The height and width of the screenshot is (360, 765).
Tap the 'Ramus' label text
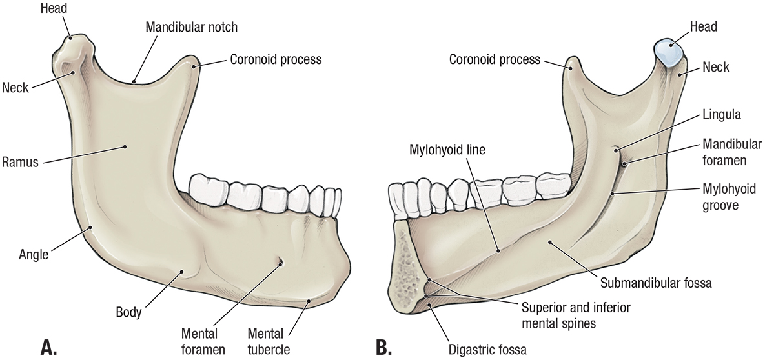21,163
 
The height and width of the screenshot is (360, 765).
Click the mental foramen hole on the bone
280,262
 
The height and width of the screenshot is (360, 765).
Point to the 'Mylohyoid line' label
447,150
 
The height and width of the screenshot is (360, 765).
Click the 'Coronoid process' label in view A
275,60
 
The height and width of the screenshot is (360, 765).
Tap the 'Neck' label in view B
715,67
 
